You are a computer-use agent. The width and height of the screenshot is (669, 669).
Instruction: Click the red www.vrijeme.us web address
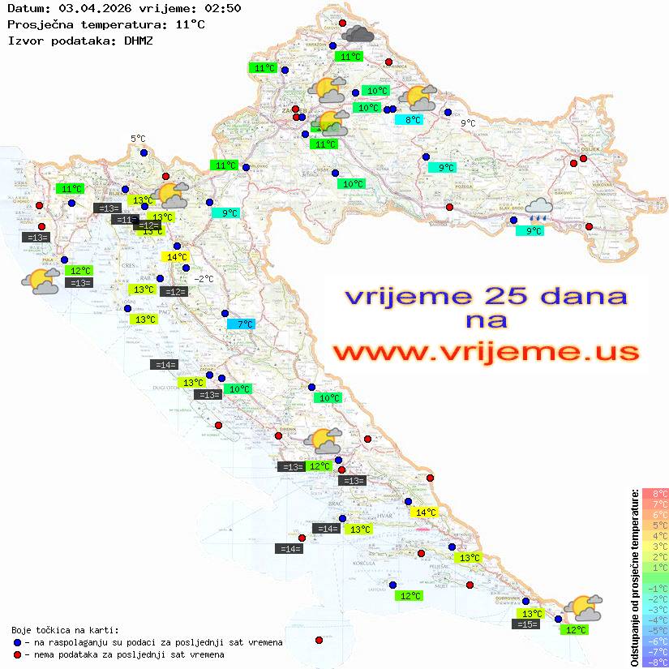(485, 352)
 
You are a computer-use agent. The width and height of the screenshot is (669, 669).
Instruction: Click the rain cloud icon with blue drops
(538, 210)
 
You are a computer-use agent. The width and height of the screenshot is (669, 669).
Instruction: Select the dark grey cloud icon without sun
(358, 34)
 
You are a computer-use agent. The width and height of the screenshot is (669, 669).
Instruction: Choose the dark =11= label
(124, 220)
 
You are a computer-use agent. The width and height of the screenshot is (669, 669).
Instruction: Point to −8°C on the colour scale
(654, 662)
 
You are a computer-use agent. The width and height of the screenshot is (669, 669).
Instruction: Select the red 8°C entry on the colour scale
(655, 493)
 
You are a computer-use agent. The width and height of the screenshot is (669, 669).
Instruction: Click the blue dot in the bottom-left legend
(17, 642)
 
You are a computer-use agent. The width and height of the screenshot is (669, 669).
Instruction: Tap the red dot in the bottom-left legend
(17, 654)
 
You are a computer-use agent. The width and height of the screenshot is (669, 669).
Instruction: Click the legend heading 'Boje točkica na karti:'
(65, 630)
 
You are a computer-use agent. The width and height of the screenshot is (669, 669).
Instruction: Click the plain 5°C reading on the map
(138, 139)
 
